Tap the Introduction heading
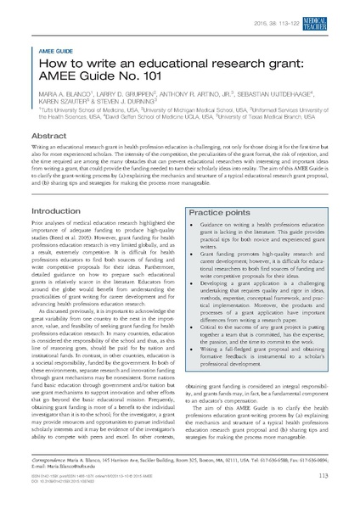pyautogui.click(x=55, y=210)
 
